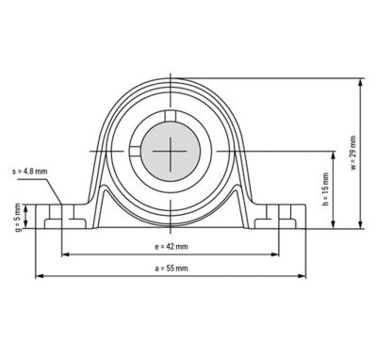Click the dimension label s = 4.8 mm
click(30, 172)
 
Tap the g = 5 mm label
click(19, 218)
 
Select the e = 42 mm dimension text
click(172, 247)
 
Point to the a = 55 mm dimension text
click(172, 269)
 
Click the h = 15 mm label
click(325, 189)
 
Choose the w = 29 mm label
click(353, 153)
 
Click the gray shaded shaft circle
click(171, 152)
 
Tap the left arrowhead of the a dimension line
click(39, 276)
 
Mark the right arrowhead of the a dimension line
click(302, 276)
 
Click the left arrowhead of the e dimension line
click(65, 254)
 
